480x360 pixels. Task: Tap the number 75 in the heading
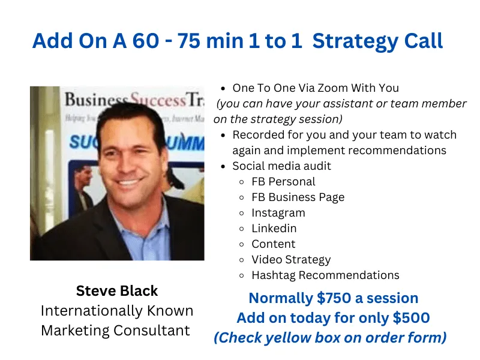point(190,41)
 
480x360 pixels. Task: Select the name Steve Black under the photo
point(117,291)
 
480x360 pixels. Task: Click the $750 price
point(334,298)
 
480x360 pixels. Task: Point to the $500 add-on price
point(412,318)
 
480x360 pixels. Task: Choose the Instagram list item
point(278,213)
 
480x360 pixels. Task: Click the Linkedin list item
point(274,229)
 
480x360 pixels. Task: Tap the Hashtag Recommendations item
point(325,275)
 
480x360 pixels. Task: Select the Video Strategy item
point(291,260)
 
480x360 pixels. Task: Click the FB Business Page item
point(298,197)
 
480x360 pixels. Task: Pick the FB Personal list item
point(283,182)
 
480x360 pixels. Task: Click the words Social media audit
point(281,166)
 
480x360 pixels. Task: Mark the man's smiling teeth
point(128,184)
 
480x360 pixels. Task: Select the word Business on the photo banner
point(95,100)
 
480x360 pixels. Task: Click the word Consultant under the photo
point(152,331)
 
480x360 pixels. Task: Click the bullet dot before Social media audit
point(223,167)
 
